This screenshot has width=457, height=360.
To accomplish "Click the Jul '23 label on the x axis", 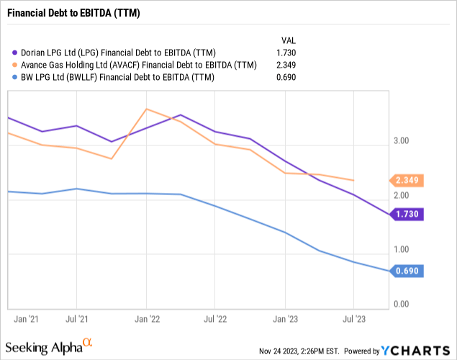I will (x=353, y=317).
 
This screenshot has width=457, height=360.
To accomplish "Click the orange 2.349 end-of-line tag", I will (x=408, y=180).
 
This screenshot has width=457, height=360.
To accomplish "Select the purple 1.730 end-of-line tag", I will (x=408, y=214).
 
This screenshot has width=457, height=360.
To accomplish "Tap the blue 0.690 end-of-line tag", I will (x=408, y=271).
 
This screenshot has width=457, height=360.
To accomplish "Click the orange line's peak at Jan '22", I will (x=146, y=109).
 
